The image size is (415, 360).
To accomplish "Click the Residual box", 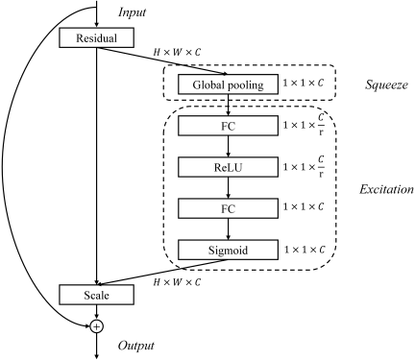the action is [96, 37].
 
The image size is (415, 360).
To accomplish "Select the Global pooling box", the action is [228, 84].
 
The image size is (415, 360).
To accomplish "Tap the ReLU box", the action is [228, 167].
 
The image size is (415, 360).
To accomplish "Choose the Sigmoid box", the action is [228, 250].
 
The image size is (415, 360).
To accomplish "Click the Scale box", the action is [96, 295].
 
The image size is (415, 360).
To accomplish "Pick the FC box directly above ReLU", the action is [228, 126].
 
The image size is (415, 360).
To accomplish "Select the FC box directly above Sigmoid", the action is [228, 208].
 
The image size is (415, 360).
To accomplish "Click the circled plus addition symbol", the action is [96, 326].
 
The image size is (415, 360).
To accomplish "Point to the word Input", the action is [133, 12].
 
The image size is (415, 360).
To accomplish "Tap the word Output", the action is [136, 346].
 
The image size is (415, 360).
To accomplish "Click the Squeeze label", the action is [386, 84].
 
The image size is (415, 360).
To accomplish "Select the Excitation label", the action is [386, 189].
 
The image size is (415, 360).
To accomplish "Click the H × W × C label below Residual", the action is [177, 52].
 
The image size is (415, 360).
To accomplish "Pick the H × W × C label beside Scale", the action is [177, 282].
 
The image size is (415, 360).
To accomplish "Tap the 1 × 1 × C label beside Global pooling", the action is [304, 83].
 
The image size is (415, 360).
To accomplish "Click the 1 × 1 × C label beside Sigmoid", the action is [305, 250].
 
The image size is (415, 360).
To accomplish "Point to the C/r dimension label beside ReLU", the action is [304, 167].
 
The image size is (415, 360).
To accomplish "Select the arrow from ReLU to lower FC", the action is [228, 187].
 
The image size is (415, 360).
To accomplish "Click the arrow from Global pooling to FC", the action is [228, 105].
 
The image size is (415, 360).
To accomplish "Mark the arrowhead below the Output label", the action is [96, 355].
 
